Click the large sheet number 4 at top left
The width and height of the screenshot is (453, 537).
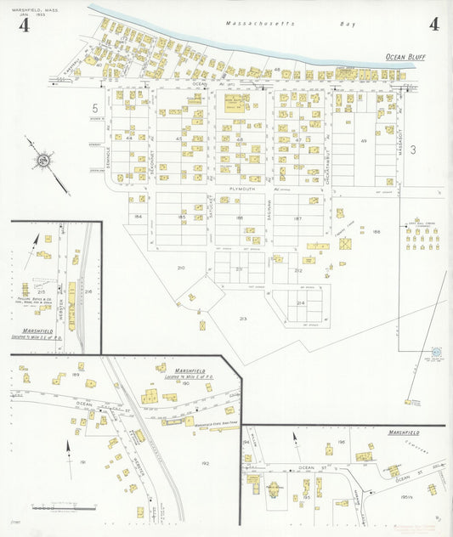[x=24, y=25]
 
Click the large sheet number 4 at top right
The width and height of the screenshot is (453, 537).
[x=433, y=24]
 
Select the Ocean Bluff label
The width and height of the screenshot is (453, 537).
[x=405, y=57]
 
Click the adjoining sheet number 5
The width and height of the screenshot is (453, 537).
[x=96, y=108]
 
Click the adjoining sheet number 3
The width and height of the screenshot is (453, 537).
[x=413, y=150]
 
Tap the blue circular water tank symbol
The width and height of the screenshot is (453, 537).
[x=436, y=351]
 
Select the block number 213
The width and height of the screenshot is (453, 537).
[x=242, y=319]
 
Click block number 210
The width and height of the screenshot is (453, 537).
[x=180, y=268]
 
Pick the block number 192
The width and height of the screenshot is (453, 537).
[x=205, y=463]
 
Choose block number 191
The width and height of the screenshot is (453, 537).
[x=82, y=461]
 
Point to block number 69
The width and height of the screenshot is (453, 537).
[x=364, y=141]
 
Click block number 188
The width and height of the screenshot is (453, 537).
[x=376, y=230]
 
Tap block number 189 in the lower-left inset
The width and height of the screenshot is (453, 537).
[x=76, y=374]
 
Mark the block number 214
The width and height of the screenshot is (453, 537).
[x=300, y=302]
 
